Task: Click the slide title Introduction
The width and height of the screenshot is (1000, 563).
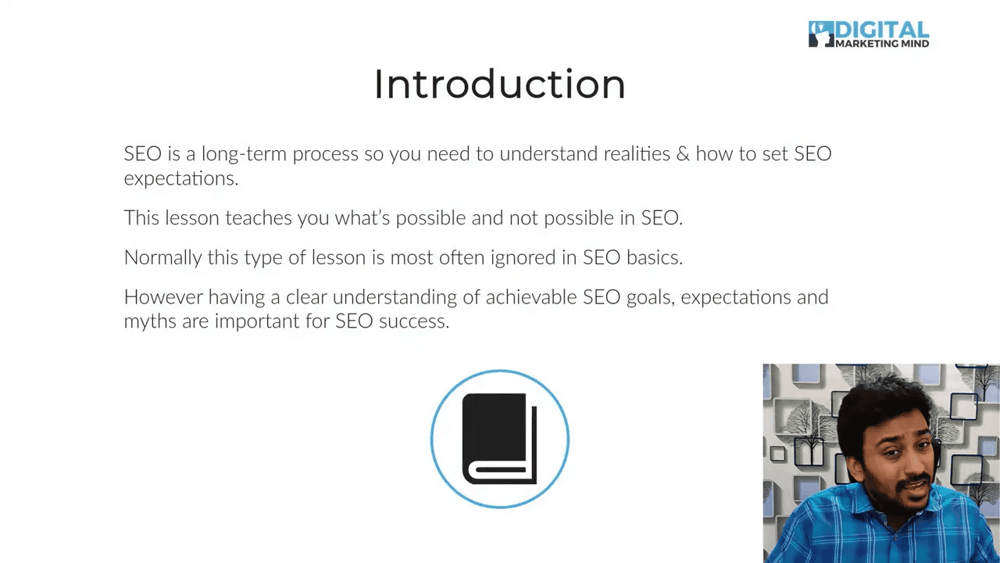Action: [499, 84]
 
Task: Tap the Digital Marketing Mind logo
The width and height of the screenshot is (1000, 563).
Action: [868, 34]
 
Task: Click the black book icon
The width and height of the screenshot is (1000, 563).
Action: [499, 439]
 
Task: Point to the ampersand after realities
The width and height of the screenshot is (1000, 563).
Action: [683, 153]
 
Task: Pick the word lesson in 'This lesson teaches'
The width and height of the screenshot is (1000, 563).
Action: [192, 217]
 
